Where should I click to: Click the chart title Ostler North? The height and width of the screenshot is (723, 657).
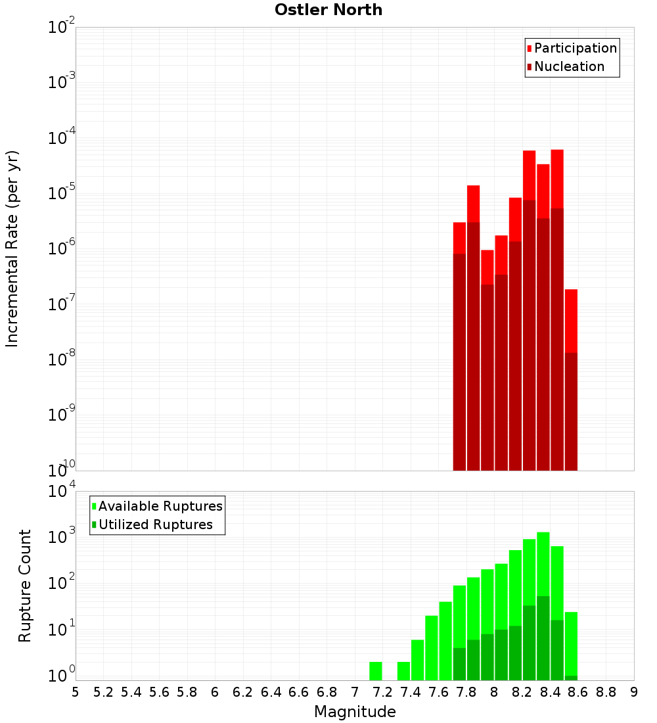328,10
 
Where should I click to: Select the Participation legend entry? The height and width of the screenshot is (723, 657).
575,48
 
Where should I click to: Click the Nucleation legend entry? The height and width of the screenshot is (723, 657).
568,66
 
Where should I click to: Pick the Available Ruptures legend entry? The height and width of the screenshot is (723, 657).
160,506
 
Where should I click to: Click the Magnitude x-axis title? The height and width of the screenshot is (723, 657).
355,712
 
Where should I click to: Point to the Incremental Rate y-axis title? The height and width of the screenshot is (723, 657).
12,248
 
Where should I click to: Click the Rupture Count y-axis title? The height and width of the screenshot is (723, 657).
25,585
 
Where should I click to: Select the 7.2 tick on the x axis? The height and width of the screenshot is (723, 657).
382,692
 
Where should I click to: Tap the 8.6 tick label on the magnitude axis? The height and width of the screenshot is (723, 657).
578,692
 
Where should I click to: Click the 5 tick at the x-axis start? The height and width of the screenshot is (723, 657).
76,692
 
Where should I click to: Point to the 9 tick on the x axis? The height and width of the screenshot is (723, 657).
634,692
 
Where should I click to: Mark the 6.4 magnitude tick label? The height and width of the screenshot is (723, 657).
271,692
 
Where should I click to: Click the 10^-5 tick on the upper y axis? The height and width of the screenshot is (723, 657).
61,193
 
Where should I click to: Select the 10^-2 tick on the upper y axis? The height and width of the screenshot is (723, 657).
61,28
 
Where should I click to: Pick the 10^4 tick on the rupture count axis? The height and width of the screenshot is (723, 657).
61,492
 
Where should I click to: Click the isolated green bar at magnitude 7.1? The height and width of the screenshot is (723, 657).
376,671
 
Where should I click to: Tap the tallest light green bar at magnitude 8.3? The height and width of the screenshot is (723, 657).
543,565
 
